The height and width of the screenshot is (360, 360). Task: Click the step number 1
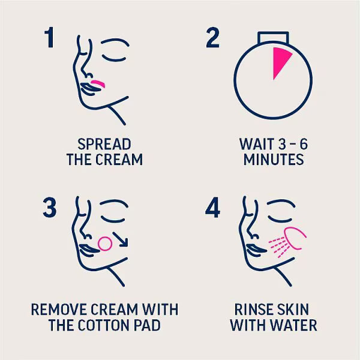coord(50,37)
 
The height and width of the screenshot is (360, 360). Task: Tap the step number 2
coord(212,37)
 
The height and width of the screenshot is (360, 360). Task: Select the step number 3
coord(50,208)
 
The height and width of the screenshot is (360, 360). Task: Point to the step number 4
coord(212,208)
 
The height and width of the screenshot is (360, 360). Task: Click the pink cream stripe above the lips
coord(98,83)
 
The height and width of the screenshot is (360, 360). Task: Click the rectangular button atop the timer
coord(273,37)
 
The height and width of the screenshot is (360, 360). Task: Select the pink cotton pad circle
coord(105,244)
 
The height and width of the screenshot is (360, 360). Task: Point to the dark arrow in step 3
coord(121,239)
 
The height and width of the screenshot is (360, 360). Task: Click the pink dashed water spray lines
coord(278,247)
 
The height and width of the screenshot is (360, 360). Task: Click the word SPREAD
coord(104,145)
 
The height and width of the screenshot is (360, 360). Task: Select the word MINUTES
coord(274,160)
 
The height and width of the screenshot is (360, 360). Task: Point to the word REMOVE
coord(59,310)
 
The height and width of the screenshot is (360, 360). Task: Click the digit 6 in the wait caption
coord(304,144)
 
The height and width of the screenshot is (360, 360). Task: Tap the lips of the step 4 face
coord(256,250)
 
